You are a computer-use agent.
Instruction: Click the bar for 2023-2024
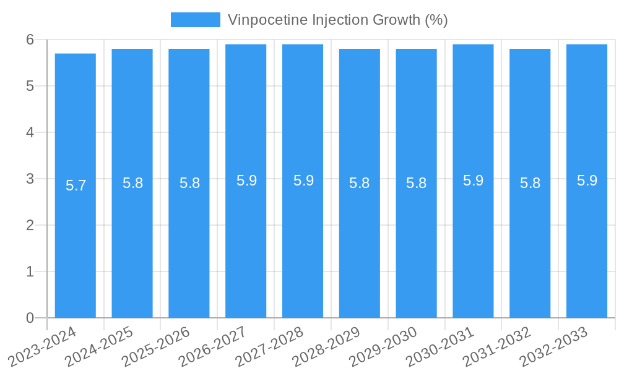(x=76, y=247)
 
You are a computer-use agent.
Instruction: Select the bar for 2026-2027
(x=246, y=247)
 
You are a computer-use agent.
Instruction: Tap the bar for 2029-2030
(x=417, y=247)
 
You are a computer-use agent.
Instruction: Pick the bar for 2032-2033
(x=587, y=247)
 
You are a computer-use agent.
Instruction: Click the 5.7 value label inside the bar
(x=76, y=185)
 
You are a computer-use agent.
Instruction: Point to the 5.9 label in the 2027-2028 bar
(x=303, y=181)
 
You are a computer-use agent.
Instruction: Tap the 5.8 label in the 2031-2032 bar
(x=530, y=183)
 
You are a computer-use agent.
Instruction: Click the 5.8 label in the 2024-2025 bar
(x=132, y=183)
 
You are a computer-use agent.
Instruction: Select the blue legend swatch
(x=195, y=20)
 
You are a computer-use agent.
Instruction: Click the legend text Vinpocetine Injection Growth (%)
(x=337, y=20)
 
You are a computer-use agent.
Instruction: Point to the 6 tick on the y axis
(x=30, y=40)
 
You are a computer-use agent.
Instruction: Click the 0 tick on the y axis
(x=30, y=318)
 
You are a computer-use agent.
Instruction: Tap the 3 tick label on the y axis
(x=30, y=179)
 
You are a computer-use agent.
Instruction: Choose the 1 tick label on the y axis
(x=30, y=271)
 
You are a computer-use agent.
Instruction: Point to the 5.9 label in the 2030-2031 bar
(x=474, y=181)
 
